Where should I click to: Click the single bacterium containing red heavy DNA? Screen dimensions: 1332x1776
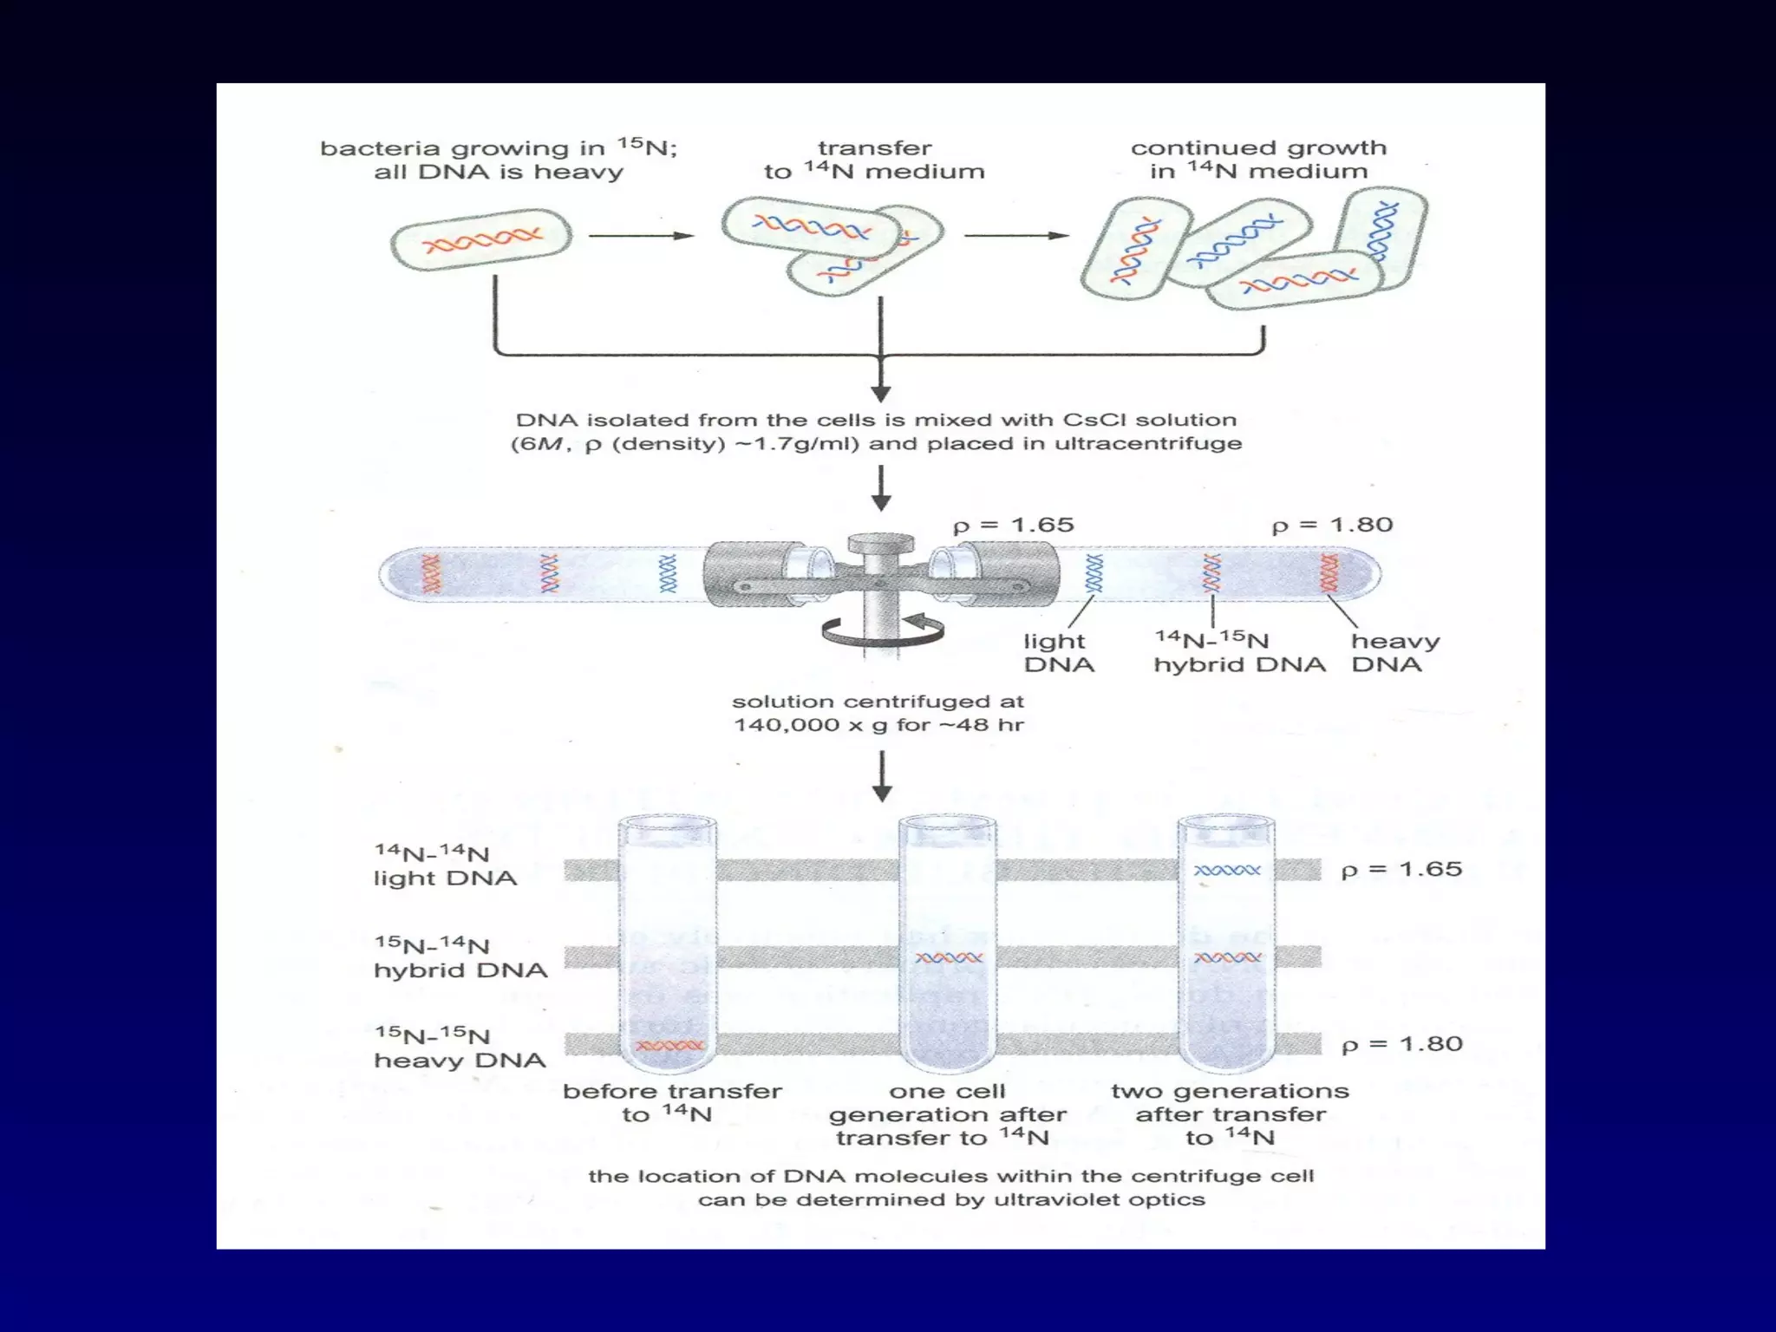coord(481,238)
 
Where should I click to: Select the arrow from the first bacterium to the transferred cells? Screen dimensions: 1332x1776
coord(641,235)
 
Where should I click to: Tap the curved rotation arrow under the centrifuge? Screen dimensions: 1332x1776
coord(883,630)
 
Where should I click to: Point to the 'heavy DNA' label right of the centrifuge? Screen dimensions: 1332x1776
coord(1394,653)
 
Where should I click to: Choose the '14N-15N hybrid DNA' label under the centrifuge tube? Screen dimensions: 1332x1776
coord(1238,653)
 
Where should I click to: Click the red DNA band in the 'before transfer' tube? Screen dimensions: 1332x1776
coord(669,1046)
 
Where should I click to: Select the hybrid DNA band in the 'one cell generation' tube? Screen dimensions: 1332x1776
coord(949,958)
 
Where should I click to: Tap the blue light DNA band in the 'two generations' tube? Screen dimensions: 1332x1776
coord(1227,870)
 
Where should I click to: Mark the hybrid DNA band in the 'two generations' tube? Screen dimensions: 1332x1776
coord(1227,958)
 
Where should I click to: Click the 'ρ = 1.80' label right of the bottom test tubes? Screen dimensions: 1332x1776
coord(1401,1044)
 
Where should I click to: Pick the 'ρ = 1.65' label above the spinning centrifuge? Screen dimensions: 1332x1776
coord(1013,526)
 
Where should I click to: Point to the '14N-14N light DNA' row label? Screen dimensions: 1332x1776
coord(444,865)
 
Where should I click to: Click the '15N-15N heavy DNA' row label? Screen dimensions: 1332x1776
coord(460,1048)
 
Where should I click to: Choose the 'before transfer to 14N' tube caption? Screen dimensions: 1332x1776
coord(672,1102)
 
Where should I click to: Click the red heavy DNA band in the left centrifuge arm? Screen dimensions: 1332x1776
coord(431,574)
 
